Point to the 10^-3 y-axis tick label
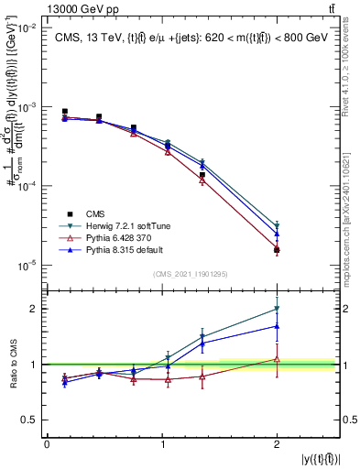click(27, 107)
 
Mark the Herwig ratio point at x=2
click(277, 309)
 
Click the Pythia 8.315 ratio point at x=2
click(277, 326)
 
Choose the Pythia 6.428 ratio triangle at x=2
click(277, 359)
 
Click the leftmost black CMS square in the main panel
click(64, 112)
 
